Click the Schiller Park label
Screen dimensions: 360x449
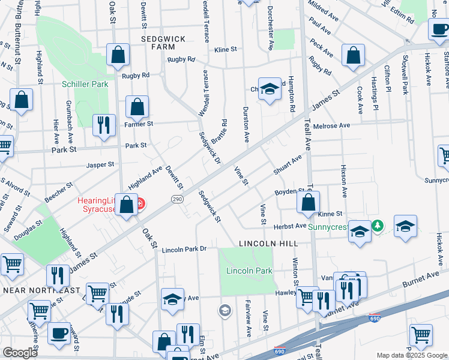[85, 84]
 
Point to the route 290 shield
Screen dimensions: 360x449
[178, 199]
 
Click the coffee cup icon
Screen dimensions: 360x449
[59, 334]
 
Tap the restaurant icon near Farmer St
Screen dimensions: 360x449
[104, 125]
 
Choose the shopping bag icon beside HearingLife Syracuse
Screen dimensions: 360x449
[127, 205]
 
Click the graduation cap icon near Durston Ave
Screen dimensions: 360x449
[270, 89]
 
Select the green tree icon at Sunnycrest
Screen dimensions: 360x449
[377, 226]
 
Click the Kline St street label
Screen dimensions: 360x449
[226, 49]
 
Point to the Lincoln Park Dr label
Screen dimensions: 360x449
[184, 248]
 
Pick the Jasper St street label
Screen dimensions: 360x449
[100, 164]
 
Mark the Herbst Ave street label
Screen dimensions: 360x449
[291, 226]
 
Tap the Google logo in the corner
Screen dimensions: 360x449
[20, 353]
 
